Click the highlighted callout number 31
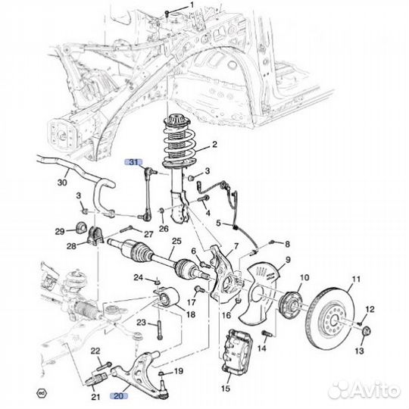click(133, 162)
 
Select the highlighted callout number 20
click(118, 396)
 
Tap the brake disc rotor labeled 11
click(331, 318)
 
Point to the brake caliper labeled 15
click(237, 351)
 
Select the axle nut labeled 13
click(367, 331)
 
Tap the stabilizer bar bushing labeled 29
click(80, 228)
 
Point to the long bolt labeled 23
click(159, 330)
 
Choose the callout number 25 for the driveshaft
click(176, 241)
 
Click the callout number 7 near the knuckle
click(236, 246)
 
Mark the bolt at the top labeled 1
click(167, 14)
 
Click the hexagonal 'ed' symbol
click(42, 392)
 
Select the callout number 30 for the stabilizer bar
click(62, 183)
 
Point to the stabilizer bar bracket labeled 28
click(95, 236)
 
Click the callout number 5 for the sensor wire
click(219, 223)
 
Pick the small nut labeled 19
click(161, 374)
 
